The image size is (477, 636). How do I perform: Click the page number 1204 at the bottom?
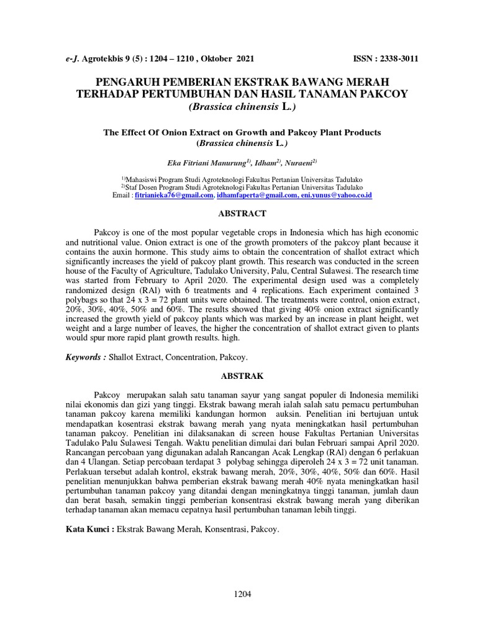click(x=242, y=594)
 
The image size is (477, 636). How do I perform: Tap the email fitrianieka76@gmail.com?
click(x=174, y=195)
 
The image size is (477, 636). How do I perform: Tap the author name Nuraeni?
click(x=300, y=163)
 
